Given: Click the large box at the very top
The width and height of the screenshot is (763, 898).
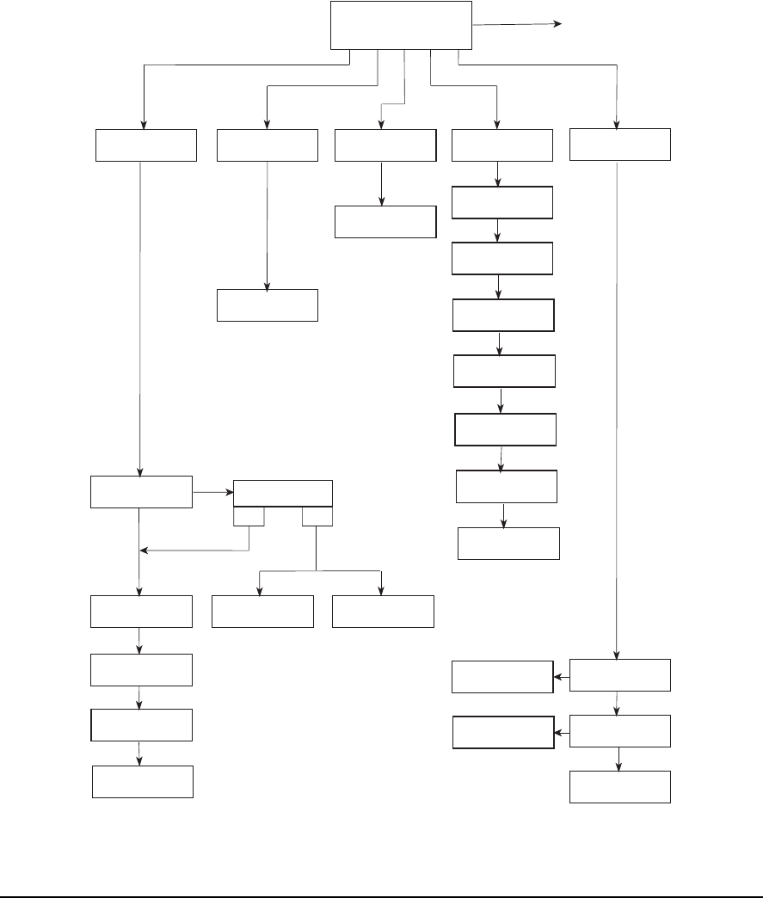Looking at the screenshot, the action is [x=402, y=25].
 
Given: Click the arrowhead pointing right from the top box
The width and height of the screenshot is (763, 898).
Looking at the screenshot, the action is [x=557, y=24].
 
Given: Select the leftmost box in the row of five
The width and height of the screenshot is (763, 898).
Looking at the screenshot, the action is [x=145, y=145].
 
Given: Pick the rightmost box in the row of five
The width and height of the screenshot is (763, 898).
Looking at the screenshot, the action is [x=620, y=145].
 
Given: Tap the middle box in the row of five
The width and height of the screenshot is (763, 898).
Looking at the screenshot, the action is [x=384, y=145].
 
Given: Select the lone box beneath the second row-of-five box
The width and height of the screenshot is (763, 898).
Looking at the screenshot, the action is [x=268, y=305].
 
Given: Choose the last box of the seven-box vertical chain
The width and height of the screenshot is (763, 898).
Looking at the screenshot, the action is [x=508, y=544].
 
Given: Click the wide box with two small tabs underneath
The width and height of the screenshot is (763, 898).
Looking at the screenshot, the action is [x=283, y=494].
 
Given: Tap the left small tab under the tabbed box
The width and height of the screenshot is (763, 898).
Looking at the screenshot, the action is [x=249, y=516].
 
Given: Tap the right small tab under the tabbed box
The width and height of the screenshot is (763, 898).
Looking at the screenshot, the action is [x=317, y=516].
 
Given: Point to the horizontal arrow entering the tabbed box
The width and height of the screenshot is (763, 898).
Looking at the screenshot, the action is [x=214, y=493].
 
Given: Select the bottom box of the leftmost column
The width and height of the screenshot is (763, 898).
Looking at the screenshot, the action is [x=143, y=781].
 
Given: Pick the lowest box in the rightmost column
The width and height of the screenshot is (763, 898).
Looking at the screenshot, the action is [x=620, y=787].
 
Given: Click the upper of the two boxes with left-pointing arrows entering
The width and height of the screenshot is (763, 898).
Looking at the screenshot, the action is [x=501, y=677].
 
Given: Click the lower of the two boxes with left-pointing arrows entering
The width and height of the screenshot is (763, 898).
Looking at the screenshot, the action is [x=501, y=733].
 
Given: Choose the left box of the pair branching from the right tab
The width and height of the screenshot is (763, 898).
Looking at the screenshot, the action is [x=262, y=611].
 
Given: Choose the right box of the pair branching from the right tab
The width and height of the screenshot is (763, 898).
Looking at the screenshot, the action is [x=383, y=611].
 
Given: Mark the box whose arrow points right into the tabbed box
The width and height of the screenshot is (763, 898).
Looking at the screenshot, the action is [x=142, y=490].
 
